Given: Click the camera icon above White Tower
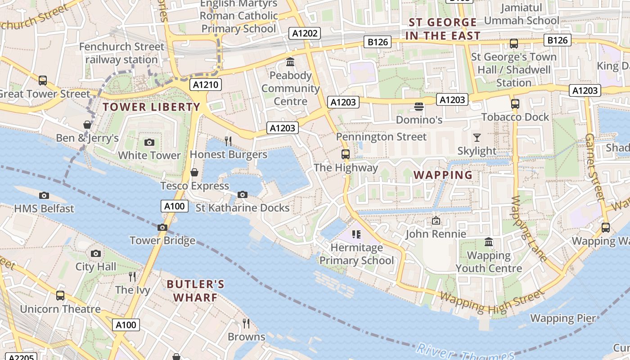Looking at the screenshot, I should coord(149,143).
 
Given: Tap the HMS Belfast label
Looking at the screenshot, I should coord(44,208).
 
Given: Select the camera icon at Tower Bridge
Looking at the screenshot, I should coord(162,227).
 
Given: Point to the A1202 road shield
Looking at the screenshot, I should coord(305,33).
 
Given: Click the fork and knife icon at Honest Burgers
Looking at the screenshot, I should coord(228,141).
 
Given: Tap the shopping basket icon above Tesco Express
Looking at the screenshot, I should coord(194,172).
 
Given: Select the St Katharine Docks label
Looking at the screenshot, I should coord(243,207).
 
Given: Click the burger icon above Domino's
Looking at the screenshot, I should coord(419,107).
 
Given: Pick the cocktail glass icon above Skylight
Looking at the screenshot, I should coord(477,138).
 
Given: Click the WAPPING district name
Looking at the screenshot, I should coord(443,175).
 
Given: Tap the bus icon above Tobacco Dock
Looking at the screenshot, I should coord(515,104).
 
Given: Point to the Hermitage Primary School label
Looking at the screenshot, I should coord(356,254).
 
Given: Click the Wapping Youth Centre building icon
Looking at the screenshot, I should coord(489,243).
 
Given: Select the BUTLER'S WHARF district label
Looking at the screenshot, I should coord(195,291).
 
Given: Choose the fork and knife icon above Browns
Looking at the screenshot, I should coord(246,323).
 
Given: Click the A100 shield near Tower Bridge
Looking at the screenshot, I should coord(174,207).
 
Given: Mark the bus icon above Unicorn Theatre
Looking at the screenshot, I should coord(60,296).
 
